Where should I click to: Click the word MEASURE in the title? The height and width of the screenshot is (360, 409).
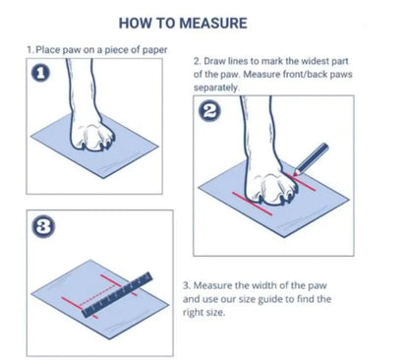click(x=213, y=24)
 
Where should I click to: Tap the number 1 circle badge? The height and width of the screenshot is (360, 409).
click(x=40, y=73)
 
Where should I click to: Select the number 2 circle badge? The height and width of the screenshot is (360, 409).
click(x=210, y=112)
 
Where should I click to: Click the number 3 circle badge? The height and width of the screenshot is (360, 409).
click(x=43, y=227)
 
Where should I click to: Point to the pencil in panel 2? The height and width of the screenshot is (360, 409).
click(x=311, y=159)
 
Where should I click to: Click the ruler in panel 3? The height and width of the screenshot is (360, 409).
click(x=117, y=295)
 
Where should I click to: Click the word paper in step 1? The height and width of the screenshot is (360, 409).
click(x=154, y=50)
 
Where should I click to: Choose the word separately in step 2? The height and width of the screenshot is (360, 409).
click(x=216, y=88)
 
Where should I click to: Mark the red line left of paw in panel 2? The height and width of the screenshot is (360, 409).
click(x=253, y=204)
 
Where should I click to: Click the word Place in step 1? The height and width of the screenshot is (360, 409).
click(x=48, y=50)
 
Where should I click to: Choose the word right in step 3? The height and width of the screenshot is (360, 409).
click(x=193, y=313)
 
